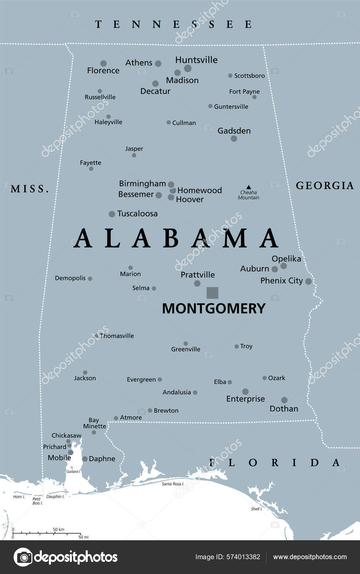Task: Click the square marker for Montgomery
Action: pyautogui.click(x=212, y=293)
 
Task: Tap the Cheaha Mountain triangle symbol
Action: pyautogui.click(x=249, y=187)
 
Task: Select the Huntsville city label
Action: pyautogui.click(x=196, y=60)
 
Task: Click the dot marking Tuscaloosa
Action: pyautogui.click(x=112, y=214)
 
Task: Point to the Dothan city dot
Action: pyautogui.click(x=284, y=400)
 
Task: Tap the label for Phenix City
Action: pyautogui.click(x=281, y=281)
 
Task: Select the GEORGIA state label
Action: pyautogui.click(x=325, y=185)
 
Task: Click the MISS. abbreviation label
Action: pyautogui.click(x=30, y=189)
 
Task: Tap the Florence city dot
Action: pyautogui.click(x=104, y=63)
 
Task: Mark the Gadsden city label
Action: pyautogui.click(x=234, y=131)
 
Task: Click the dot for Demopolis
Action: pyautogui.click(x=90, y=279)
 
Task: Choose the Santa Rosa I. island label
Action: pyautogui.click(x=173, y=484)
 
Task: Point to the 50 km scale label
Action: pyautogui.click(x=58, y=529)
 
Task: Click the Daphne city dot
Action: pyautogui.click(x=85, y=459)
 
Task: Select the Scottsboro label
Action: pyautogui.click(x=249, y=76)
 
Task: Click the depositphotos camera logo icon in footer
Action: pyautogui.click(x=23, y=557)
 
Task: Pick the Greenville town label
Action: pyautogui.click(x=186, y=349)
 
